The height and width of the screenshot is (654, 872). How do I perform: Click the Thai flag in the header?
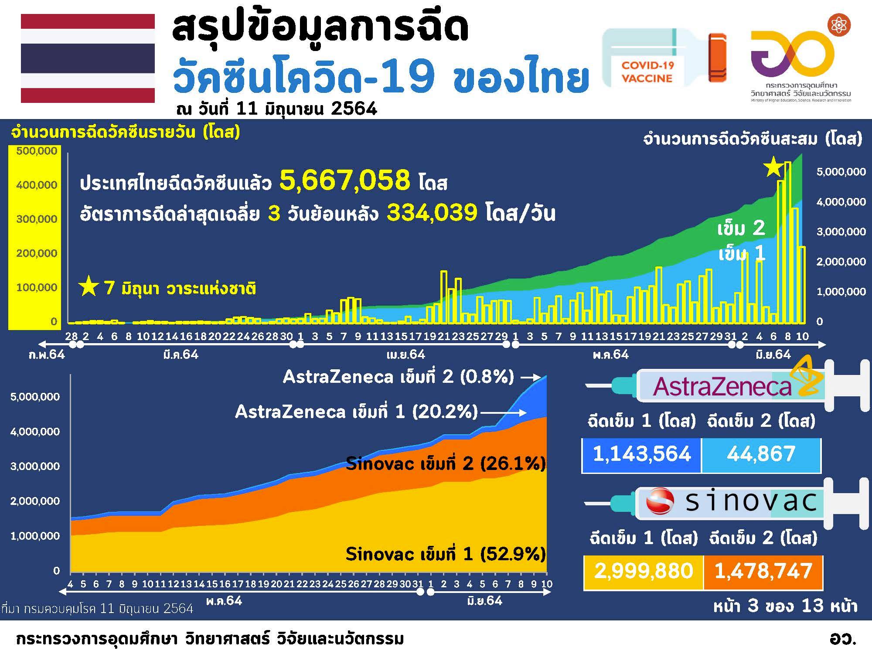(88, 58)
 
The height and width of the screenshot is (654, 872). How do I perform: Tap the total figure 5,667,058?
(344, 180)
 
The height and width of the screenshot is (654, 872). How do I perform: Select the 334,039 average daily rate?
(432, 213)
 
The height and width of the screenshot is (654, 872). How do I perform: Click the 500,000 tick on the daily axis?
(37, 151)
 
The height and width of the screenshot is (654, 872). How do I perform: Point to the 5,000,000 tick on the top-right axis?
(841, 172)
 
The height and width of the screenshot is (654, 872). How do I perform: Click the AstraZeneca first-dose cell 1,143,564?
(642, 454)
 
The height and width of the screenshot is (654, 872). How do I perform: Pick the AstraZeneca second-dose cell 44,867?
(761, 454)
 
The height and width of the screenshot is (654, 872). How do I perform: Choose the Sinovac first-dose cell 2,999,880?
(644, 571)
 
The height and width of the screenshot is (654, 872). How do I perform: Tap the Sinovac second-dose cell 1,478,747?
(763, 571)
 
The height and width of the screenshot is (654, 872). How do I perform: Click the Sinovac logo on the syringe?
(660, 501)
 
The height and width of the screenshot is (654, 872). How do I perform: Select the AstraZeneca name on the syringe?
(722, 387)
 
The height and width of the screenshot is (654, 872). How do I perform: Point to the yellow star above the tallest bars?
(773, 167)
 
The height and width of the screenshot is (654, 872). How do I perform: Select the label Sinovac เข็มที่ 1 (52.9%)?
(445, 554)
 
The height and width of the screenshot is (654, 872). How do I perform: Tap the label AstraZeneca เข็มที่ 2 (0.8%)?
(399, 377)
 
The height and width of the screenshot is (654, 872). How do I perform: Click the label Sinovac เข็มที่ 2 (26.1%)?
(445, 464)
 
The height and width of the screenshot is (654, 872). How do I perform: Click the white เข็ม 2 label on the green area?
(741, 228)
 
